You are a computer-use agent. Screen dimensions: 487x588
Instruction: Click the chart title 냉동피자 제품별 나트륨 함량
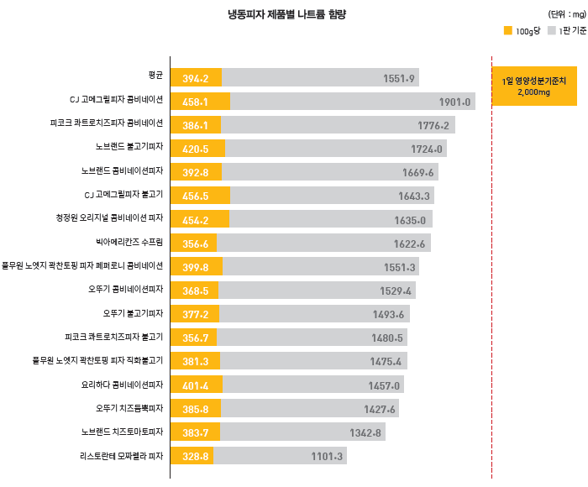pos(287,14)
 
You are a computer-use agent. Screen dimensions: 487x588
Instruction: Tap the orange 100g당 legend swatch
pos(507,31)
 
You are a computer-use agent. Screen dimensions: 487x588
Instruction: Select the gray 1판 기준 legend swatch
pos(551,31)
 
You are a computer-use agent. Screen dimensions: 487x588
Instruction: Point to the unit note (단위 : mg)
pos(567,14)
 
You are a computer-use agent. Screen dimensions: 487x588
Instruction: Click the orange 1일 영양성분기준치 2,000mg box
pos(534,86)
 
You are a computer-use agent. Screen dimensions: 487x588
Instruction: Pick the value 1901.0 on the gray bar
pos(454,102)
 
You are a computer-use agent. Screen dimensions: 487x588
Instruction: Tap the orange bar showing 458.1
pos(200,102)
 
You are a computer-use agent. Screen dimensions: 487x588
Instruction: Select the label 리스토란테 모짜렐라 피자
pos(117,457)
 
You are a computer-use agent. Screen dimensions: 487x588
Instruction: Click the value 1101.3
pos(327,457)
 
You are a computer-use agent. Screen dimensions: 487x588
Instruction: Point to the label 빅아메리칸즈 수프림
pos(129,243)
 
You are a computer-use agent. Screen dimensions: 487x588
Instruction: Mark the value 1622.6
pos(410,244)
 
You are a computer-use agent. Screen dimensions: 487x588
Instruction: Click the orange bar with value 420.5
pos(197,149)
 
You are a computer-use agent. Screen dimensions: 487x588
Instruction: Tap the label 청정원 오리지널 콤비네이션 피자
pos(108,220)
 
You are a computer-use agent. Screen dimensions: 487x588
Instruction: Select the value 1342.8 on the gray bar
pos(366,433)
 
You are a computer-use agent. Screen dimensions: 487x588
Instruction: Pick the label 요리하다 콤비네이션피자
pos(121,385)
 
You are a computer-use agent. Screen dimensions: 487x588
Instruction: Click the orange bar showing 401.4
pos(197,386)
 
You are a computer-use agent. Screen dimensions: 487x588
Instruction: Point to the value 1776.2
pos(434,125)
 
